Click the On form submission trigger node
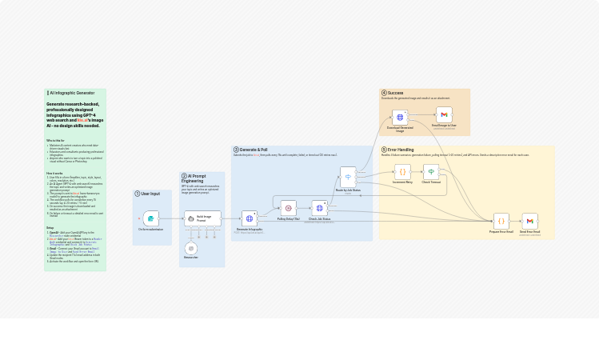tap(150, 218)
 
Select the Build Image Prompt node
tap(202, 218)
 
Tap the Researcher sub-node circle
tap(191, 249)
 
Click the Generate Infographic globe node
tap(250, 218)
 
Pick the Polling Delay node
tap(289, 208)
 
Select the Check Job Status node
tap(320, 208)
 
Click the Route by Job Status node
tap(348, 177)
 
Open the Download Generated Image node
tap(400, 117)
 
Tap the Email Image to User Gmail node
tap(444, 115)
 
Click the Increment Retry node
tap(402, 171)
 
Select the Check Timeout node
tap(431, 171)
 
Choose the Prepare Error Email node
tap(501, 220)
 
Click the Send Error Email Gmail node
tap(529, 220)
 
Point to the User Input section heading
tap(150, 194)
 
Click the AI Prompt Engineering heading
tap(196, 178)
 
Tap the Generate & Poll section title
tap(254, 150)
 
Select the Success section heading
tap(395, 93)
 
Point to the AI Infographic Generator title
tap(72, 93)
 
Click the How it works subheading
tap(54, 173)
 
